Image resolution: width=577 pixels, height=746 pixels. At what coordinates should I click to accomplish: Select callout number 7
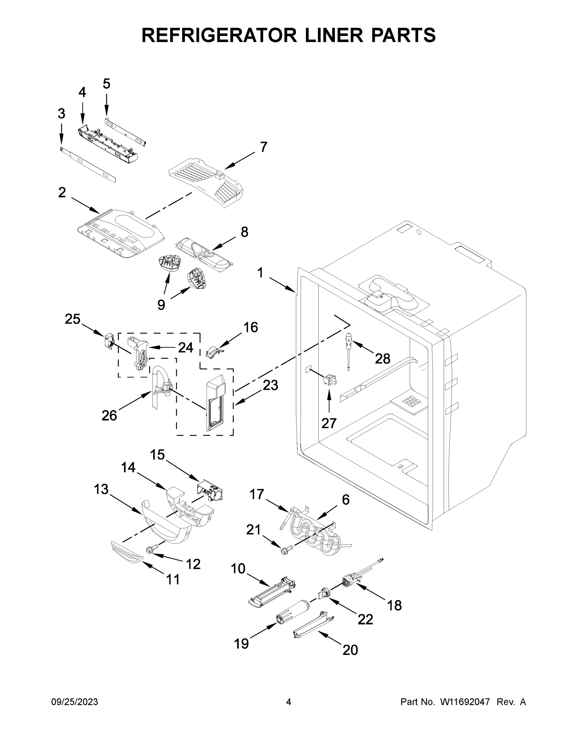[x=263, y=147]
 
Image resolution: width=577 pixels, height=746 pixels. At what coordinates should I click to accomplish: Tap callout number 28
[x=382, y=359]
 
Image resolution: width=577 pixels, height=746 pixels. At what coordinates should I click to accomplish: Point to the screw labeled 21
[x=285, y=550]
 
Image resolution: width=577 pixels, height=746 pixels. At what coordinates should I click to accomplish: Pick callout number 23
[x=270, y=385]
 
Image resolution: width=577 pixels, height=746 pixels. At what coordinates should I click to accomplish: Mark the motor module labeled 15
[x=211, y=491]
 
